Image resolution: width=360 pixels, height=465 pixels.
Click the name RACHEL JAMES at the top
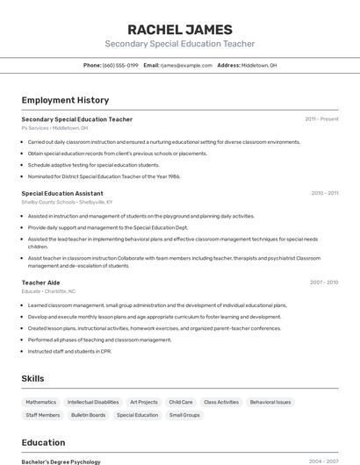tap(179, 29)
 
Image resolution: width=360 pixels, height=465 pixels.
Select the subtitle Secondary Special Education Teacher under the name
tap(179, 44)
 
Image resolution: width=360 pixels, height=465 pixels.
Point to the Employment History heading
tap(65, 100)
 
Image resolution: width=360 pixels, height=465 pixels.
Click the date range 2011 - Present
tap(321, 118)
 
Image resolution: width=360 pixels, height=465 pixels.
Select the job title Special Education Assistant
tap(62, 193)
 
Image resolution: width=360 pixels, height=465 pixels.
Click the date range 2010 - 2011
tap(324, 193)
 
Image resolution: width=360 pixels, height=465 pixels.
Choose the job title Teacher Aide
tap(40, 283)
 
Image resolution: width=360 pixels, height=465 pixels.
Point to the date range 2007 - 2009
tap(324, 283)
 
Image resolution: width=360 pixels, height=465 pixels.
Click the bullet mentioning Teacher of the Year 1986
tap(104, 176)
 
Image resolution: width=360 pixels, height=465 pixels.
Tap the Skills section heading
tap(33, 378)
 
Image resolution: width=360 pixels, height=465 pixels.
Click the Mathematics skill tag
tap(40, 402)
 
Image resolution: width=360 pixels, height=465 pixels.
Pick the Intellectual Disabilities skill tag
tap(93, 402)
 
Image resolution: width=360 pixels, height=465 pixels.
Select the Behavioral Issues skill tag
tap(270, 402)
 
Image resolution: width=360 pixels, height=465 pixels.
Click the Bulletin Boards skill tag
tap(88, 415)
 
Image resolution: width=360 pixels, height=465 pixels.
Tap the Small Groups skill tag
tap(184, 415)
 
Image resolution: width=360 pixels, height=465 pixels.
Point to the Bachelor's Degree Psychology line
tap(61, 461)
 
